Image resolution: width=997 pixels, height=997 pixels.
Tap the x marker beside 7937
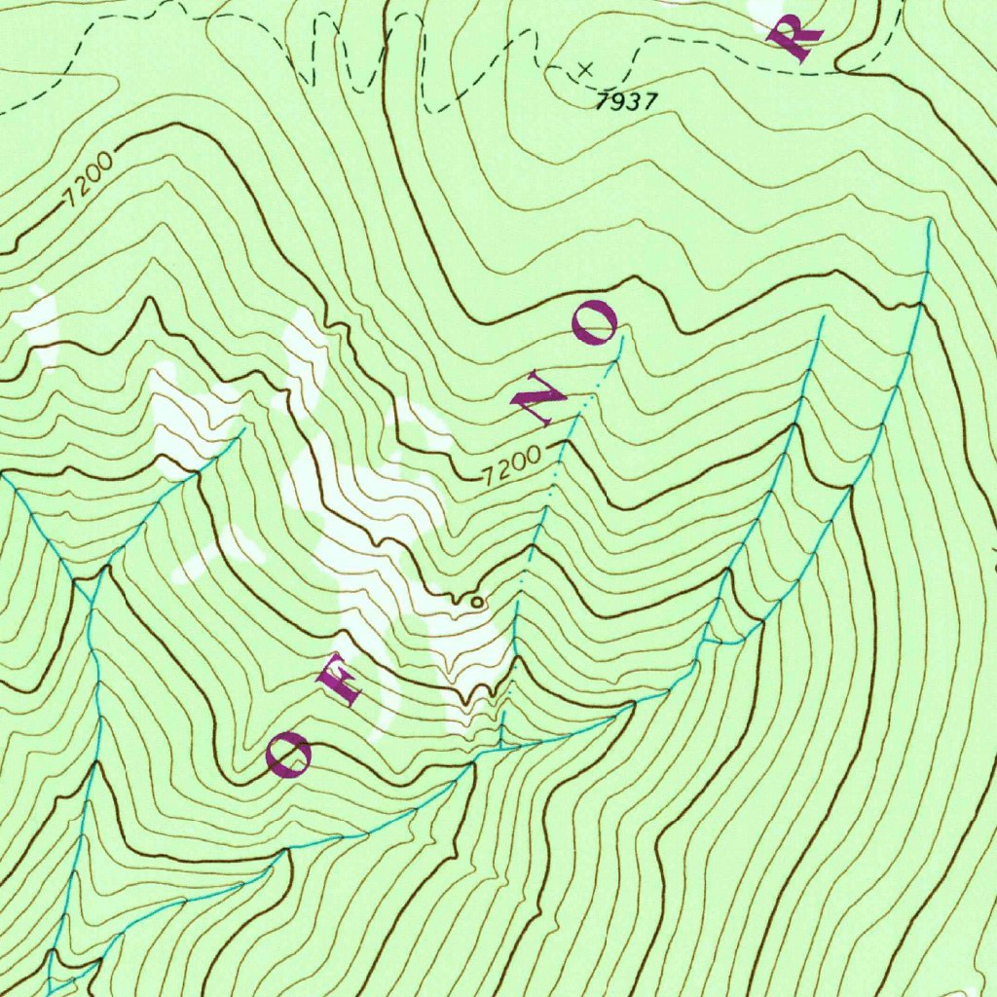[585, 69]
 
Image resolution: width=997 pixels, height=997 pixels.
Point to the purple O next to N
[594, 322]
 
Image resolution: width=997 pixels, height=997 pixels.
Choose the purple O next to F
[289, 755]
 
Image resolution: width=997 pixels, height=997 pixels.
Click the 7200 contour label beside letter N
[511, 465]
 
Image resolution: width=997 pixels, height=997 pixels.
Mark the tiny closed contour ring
[476, 603]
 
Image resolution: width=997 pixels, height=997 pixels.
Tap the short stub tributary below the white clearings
[501, 732]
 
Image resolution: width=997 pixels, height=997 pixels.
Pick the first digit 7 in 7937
[604, 99]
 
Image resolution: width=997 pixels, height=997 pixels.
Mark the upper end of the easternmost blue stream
[930, 222]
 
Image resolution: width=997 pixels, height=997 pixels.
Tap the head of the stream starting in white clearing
[242, 428]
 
